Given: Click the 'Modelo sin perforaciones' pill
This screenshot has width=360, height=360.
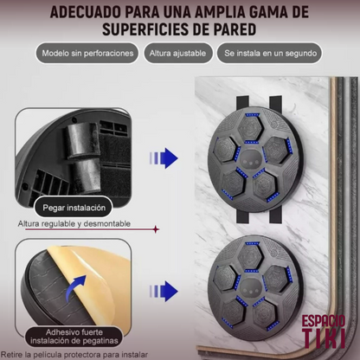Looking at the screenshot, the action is coord(87,53).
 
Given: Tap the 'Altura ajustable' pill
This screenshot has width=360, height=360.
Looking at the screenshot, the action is coord(178,53).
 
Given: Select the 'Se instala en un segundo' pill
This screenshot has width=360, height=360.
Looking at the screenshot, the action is coord(269,53).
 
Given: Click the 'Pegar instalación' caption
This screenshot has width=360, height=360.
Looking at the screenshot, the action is coord(74,208).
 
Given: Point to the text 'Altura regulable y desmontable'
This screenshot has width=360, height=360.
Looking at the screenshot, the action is coord(74,223).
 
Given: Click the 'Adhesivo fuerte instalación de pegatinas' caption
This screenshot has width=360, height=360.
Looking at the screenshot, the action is coord(74,337).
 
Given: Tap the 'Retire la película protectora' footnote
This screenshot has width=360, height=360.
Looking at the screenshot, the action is coord(74,355).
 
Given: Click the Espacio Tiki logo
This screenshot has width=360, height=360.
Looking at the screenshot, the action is coord(324,331).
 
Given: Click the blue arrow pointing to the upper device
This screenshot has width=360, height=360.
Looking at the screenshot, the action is coord(164,158).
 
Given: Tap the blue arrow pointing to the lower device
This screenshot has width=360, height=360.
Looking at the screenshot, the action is coord(164,292).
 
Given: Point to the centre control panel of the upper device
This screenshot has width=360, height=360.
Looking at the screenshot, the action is coord(250,159).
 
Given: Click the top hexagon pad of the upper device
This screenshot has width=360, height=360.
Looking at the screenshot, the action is coord(251,128).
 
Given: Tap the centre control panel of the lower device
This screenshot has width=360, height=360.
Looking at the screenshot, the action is coord(250,288).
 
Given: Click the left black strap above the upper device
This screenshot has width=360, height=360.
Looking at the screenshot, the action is coord(242,103).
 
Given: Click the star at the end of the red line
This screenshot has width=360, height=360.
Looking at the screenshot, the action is coord(156,229).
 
